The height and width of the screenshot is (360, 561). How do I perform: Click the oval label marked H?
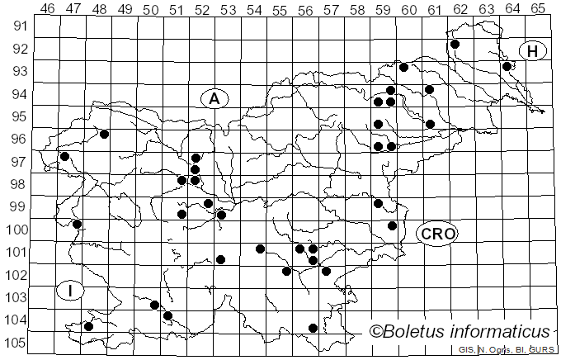coord(533,51)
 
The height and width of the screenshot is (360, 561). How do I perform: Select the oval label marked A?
coord(214,98)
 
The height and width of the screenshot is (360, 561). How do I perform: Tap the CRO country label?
coord(437,234)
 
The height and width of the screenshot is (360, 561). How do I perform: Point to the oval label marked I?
coord(71,290)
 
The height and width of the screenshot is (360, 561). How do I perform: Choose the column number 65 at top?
coord(538,9)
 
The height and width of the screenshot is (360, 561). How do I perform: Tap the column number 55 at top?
coord(280,9)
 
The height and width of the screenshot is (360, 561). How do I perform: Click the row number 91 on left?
coord(18,26)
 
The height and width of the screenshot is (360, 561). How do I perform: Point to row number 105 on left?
coord(16,343)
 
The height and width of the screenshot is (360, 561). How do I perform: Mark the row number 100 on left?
coord(16,230)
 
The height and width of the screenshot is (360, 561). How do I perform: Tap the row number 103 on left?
coord(16,297)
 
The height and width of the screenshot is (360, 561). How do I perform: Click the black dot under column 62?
coord(455,44)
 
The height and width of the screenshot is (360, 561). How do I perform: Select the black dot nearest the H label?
coord(507,66)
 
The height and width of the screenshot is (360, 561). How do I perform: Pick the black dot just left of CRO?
coord(393,225)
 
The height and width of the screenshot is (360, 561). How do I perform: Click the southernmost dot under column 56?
coord(313,328)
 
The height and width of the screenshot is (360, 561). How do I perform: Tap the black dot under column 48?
coord(104,134)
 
